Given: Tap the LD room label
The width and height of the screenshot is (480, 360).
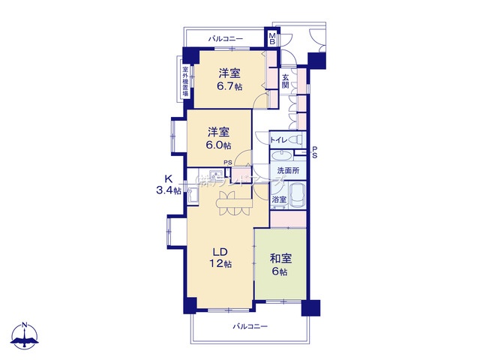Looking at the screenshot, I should pos(219,251).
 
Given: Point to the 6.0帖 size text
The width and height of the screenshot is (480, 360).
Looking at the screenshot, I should pos(219,145).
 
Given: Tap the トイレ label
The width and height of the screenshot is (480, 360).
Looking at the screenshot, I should pos(277,139).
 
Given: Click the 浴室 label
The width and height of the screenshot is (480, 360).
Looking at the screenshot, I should pos(278,199).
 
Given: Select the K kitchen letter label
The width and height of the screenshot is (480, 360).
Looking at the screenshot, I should pos(169,178).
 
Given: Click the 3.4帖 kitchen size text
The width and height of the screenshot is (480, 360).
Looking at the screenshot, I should pos(168,190).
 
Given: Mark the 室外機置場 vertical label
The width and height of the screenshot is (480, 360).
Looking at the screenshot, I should pos(185,82).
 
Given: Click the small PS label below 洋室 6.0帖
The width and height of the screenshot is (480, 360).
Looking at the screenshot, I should pos(228,171).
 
